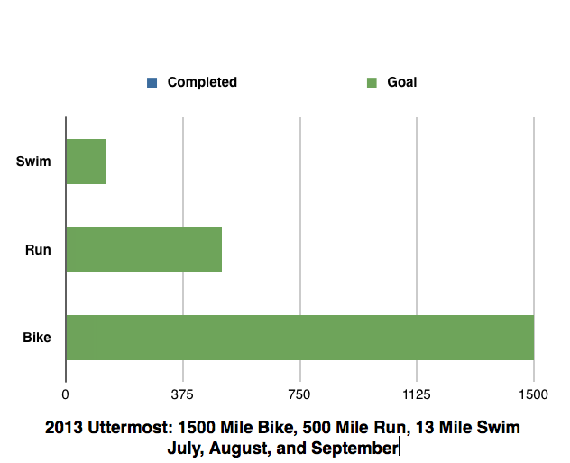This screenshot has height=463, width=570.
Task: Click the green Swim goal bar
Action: coord(87,162)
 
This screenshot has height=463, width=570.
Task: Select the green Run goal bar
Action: coord(144,249)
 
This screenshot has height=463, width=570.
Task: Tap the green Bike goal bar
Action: coord(299,338)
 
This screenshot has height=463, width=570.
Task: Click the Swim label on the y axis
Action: coord(33,162)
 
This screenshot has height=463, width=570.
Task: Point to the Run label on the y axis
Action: coord(38,250)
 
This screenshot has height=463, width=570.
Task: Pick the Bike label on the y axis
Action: coord(36,338)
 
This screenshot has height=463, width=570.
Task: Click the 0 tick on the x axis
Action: coord(66,394)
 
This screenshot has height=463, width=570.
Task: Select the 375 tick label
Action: coord(183,394)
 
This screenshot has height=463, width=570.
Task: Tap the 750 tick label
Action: coord(299,394)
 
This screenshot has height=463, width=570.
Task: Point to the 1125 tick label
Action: coord(417,394)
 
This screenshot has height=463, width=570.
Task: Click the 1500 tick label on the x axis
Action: coord(533,394)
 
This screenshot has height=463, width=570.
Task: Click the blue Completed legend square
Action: coord(152,83)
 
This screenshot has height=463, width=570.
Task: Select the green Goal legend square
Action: coord(371,83)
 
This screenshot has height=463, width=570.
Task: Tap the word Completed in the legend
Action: coord(202,82)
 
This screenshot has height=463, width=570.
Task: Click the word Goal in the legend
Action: coord(402,82)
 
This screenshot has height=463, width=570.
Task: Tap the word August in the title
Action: coord(240,448)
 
